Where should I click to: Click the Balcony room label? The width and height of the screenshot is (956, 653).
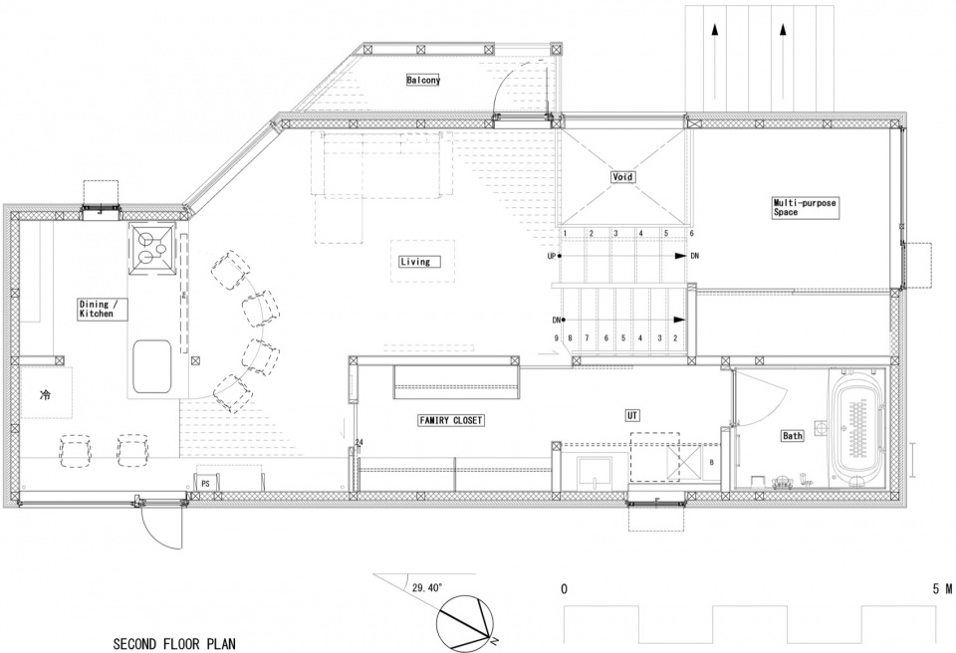423,80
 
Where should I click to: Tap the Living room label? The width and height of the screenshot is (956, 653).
415,262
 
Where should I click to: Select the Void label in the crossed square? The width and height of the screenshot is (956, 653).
622,177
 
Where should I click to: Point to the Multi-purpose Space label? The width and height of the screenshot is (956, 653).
805,207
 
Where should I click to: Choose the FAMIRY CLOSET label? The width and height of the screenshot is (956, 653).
451,420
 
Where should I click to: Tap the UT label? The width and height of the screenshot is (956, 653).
632,415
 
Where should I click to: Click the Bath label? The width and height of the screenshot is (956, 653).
793,435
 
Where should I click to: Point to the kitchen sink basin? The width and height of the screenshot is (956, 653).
151,366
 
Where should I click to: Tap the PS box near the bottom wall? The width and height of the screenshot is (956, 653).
205,482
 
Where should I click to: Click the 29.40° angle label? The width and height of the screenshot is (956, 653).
427,587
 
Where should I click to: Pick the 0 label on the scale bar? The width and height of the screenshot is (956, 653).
564,589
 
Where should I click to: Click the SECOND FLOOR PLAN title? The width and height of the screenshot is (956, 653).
174,643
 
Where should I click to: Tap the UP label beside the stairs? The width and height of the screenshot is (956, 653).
551,256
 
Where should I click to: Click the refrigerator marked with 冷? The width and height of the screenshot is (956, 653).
47,392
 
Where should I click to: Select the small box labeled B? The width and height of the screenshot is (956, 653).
711,463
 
